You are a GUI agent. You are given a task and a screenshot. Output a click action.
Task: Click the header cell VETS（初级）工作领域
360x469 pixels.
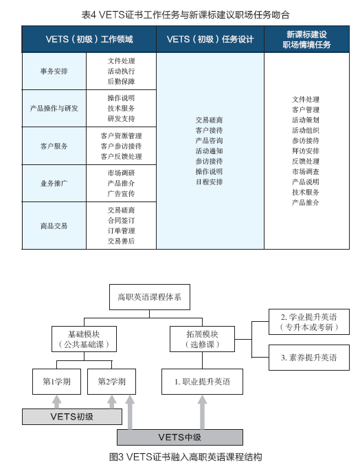pos(89,39)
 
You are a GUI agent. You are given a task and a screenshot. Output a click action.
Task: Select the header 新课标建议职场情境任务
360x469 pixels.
pos(306,39)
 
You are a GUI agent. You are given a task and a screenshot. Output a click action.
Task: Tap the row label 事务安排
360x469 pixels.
pos(54,72)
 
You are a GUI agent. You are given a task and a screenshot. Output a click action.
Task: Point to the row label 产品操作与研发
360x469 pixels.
pos(54,108)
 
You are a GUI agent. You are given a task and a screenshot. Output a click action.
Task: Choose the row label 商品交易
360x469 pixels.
pos(54,226)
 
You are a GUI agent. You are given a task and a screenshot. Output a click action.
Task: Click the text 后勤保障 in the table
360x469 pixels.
pos(122,81)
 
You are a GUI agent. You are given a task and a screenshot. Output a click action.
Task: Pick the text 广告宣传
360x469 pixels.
pos(122,193)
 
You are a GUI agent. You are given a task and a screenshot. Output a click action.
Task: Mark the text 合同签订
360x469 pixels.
pos(122,221)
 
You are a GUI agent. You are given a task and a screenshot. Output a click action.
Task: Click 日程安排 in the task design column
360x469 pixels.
pos(209,182)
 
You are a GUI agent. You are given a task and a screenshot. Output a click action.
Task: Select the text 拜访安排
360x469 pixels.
pos(306,151)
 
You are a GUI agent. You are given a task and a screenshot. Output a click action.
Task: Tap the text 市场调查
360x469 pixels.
pos(306,171)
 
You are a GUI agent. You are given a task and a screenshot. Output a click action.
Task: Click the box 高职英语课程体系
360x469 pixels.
pos(150,297)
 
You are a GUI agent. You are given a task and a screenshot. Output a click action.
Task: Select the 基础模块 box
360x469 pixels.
pos(84,339)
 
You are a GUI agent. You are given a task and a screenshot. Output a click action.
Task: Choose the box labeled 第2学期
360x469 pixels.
pos(111,382)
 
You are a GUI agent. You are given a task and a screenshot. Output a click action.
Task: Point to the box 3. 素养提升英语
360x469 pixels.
pos(309,358)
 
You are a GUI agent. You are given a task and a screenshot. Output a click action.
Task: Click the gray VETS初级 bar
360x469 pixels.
pos(72,417)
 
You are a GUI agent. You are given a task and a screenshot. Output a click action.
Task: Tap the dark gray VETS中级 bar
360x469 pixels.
pos(179,437)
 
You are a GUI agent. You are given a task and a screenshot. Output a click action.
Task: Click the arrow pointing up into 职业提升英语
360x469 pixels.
pos(202,413)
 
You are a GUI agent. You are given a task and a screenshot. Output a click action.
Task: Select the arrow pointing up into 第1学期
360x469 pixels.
pos(57,402)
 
